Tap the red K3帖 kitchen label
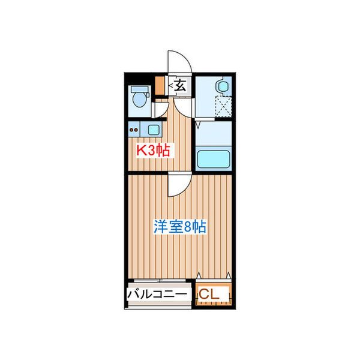[153, 151]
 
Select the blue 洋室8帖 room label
[180, 227]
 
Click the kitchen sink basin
[154, 128]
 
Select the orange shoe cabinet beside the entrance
[159, 86]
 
